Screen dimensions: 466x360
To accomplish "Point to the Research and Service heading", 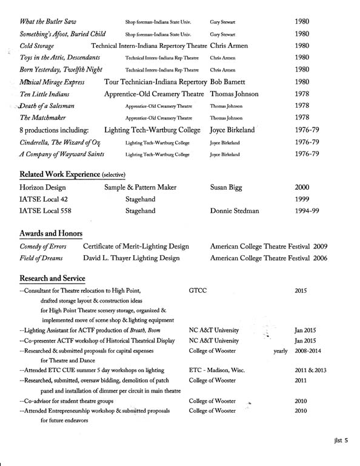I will click(52, 278).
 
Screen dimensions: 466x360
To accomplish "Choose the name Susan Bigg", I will click(229, 188).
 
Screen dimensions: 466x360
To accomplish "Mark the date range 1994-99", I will click(307, 211).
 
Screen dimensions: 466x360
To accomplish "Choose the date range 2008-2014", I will click(309, 351).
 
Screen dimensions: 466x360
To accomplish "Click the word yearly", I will click(281, 351).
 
